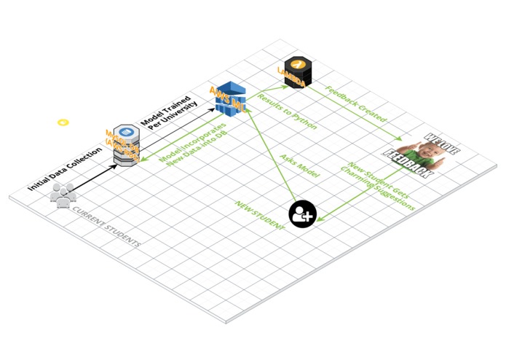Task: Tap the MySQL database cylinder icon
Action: (125, 143)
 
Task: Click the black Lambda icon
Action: (296, 71)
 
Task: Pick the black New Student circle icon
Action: (302, 214)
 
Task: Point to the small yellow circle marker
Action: (63, 122)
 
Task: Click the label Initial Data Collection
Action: (63, 167)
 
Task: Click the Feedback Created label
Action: (356, 104)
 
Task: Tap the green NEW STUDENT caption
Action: (258, 216)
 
